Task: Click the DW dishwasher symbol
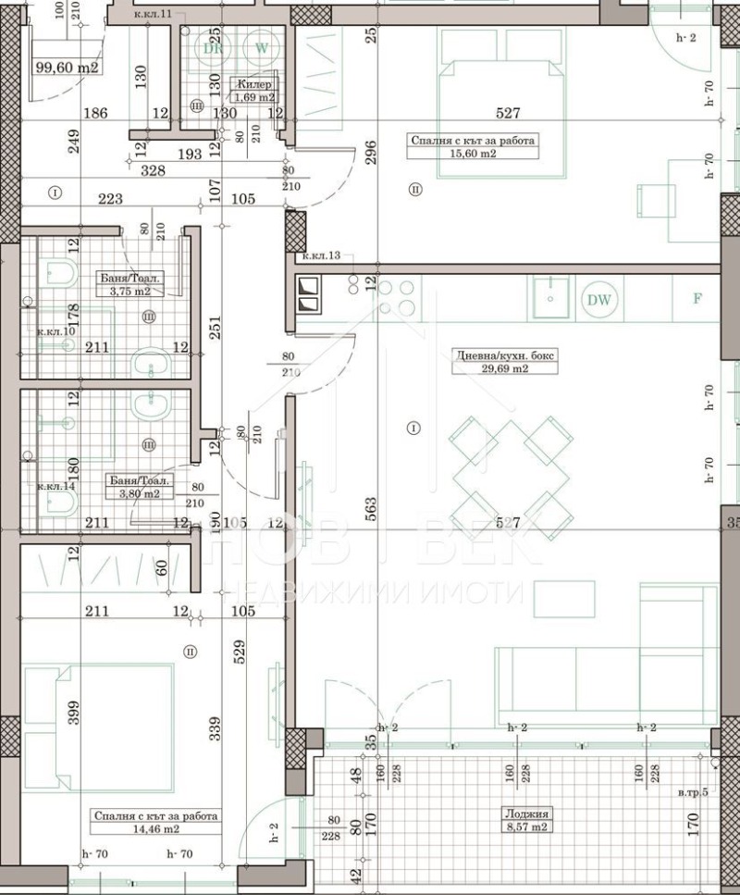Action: click(x=600, y=299)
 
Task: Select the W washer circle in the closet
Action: click(x=262, y=46)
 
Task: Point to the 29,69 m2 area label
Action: click(x=504, y=367)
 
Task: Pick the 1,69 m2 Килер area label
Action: click(x=253, y=96)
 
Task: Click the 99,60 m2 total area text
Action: click(x=67, y=67)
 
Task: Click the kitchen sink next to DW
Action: click(x=550, y=299)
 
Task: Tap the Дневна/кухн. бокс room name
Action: click(x=505, y=354)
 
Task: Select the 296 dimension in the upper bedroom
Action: click(x=371, y=152)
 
